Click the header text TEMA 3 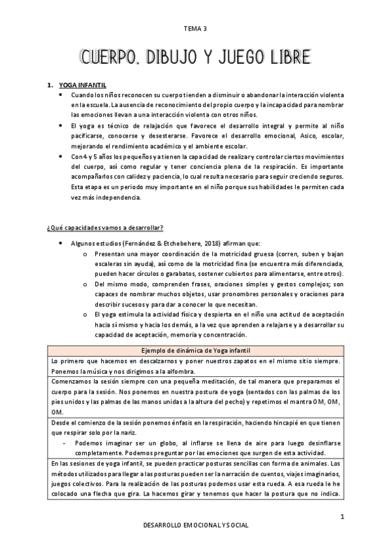[x=195, y=29]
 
